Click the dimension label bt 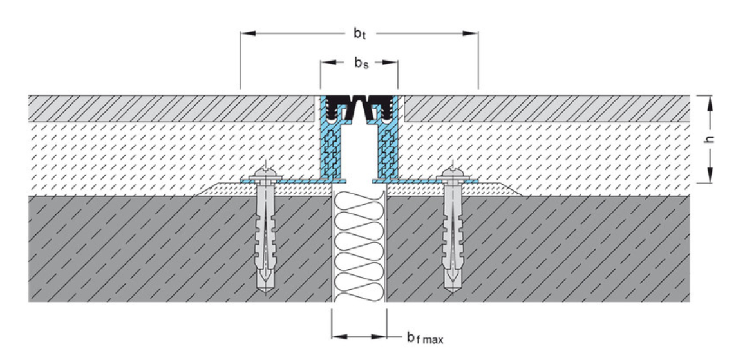(x=359, y=33)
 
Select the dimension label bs (x=359, y=64)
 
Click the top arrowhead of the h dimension (x=709, y=100)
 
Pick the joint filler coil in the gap (x=359, y=245)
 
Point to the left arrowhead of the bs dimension (x=325, y=63)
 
